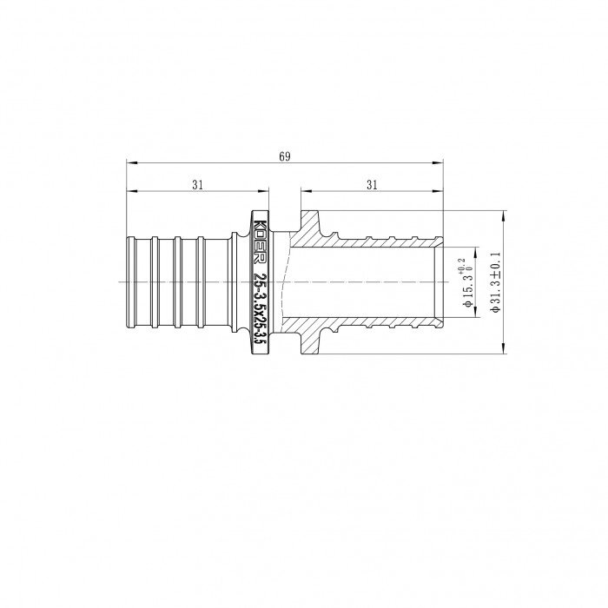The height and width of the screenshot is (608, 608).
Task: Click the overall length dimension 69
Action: (x=284, y=156)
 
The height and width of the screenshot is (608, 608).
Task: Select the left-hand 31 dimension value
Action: (x=197, y=184)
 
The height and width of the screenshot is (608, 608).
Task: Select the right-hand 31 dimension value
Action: (x=371, y=184)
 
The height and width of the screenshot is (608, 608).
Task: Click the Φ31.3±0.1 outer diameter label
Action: (x=497, y=282)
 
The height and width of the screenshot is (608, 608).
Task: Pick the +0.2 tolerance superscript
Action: (x=460, y=264)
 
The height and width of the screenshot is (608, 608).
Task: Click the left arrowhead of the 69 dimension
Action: (x=131, y=162)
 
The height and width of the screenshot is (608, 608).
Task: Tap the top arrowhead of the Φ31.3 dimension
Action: (x=504, y=215)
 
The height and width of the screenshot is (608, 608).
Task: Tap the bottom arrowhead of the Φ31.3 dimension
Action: (x=504, y=350)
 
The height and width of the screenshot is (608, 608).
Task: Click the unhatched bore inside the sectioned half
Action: (x=365, y=282)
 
